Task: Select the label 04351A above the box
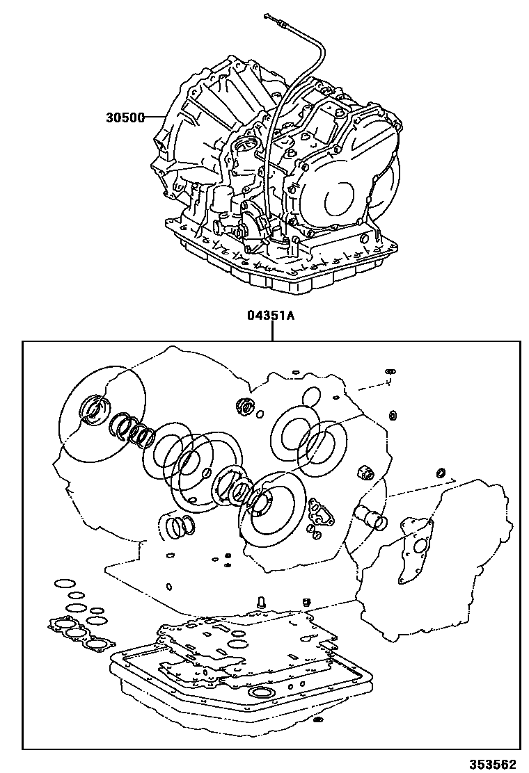pyautogui.click(x=270, y=316)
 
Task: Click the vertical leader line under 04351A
pyautogui.click(x=271, y=332)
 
